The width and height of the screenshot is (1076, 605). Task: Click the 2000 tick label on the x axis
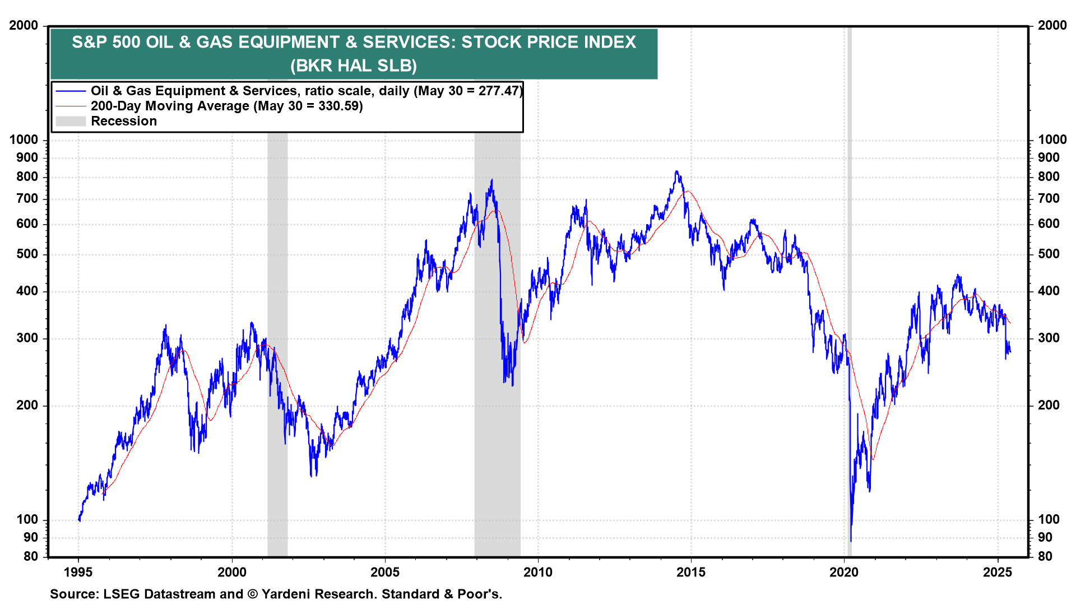(231, 572)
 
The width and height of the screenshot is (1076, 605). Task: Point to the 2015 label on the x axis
(690, 572)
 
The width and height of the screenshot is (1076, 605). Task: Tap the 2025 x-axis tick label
(998, 572)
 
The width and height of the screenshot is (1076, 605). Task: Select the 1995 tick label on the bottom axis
(78, 572)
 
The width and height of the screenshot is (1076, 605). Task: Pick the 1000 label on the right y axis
(1052, 139)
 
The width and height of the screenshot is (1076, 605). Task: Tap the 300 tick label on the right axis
(1049, 338)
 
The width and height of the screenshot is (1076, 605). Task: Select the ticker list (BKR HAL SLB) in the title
(354, 66)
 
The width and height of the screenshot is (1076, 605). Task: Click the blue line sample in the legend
(71, 91)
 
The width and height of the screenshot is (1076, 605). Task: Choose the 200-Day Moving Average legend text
(170, 106)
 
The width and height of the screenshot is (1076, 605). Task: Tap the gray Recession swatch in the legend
(71, 121)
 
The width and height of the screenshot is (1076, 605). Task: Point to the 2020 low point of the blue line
(850, 541)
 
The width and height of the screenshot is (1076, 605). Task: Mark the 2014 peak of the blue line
(676, 172)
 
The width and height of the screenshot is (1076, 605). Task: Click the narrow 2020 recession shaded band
(849, 280)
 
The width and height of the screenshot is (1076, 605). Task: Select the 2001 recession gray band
(277, 280)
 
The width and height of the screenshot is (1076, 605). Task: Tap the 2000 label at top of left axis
(24, 25)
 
